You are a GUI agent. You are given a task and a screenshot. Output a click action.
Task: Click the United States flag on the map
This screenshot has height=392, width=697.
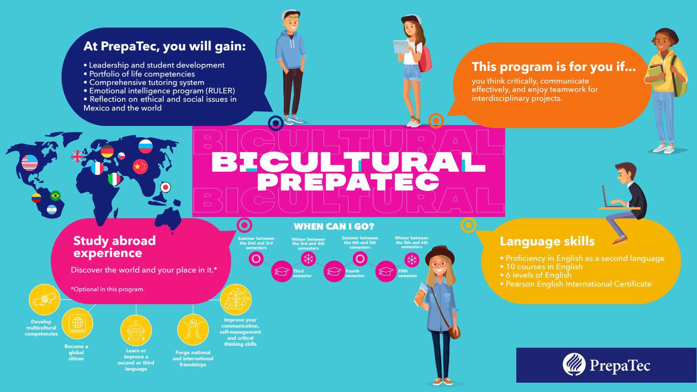(30, 162)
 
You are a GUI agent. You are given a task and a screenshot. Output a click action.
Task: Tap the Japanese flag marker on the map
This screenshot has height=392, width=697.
(165, 187)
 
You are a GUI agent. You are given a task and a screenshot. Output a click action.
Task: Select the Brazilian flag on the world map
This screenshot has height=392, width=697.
(56, 196)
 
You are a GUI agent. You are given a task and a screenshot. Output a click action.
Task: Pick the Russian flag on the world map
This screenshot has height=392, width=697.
(146, 147)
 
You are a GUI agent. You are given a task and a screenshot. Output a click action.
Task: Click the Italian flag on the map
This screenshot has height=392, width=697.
(114, 179)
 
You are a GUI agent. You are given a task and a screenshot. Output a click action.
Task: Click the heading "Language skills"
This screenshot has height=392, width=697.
(547, 241)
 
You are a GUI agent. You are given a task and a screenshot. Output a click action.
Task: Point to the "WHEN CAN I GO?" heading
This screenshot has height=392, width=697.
(334, 227)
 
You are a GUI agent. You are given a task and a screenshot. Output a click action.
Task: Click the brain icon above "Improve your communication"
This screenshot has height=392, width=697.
(236, 299)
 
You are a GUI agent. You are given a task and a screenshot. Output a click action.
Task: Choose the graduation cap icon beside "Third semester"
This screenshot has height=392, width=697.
(282, 271)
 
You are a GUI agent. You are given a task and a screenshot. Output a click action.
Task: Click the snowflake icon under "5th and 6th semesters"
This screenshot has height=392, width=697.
(412, 259)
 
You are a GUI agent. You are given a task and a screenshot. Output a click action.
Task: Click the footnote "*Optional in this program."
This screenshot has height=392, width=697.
(108, 289)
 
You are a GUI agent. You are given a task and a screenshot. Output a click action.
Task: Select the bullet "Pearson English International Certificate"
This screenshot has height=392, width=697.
(578, 284)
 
